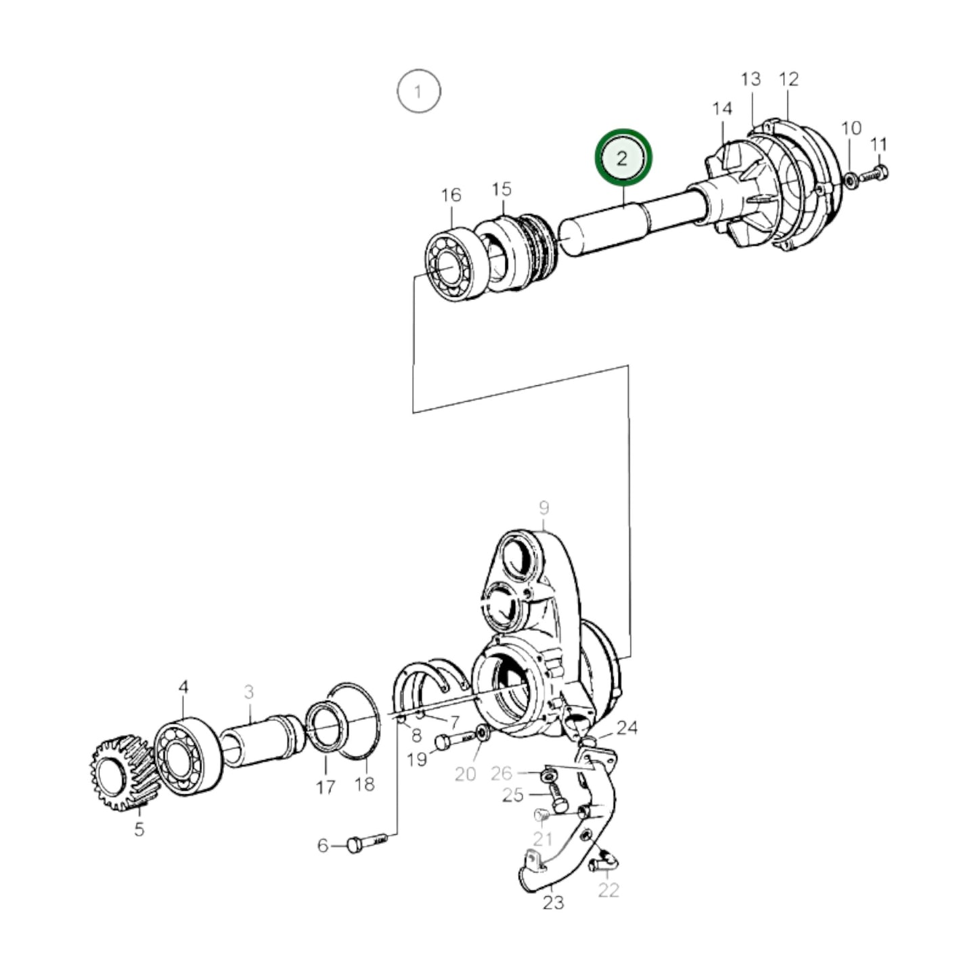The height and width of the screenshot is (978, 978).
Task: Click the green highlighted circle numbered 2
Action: [622, 157]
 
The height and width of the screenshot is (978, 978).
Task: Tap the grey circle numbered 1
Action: [418, 91]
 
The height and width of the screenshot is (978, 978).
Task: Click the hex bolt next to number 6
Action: [366, 844]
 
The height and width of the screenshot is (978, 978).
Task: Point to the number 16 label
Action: [451, 195]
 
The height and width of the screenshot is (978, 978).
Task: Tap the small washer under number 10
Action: [850, 179]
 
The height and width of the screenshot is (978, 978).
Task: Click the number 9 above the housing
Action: [543, 507]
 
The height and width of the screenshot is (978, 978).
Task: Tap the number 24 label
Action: [627, 728]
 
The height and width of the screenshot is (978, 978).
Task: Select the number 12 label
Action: [788, 79]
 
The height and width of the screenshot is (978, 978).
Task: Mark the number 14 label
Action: [722, 108]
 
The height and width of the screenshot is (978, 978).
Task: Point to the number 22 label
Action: [608, 889]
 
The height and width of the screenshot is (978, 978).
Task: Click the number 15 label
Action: [502, 189]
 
